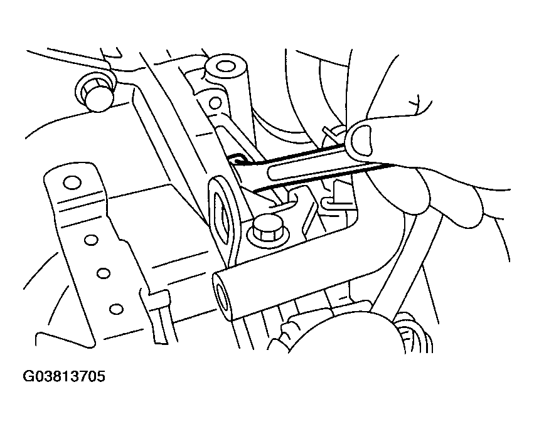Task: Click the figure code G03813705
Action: pos(64,377)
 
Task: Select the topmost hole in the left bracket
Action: pos(72,183)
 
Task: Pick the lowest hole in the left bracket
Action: pos(116,309)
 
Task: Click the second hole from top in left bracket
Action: pos(91,240)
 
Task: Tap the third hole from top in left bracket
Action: pos(104,273)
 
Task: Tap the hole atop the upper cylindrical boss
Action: pos(225,66)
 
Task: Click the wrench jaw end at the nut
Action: pos(236,159)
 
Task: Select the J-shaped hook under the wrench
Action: pos(286,201)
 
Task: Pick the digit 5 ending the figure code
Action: pos(101,377)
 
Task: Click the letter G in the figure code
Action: pos(28,377)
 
